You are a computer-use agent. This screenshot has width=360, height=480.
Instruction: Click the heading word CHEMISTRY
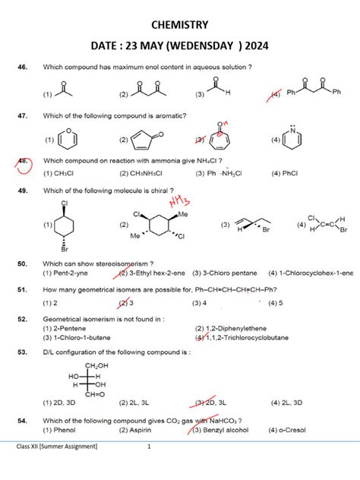[180, 25]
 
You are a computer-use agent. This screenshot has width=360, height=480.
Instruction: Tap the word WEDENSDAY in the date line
[200, 46]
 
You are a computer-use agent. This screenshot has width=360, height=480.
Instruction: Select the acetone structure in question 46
[64, 89]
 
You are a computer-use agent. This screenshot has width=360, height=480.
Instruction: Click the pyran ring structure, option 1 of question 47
[68, 139]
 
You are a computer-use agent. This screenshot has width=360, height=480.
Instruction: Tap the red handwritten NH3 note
[180, 201]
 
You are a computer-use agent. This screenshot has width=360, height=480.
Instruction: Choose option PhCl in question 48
[284, 174]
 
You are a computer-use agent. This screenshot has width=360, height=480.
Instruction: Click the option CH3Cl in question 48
[58, 174]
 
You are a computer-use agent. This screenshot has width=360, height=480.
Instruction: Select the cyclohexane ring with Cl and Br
[64, 226]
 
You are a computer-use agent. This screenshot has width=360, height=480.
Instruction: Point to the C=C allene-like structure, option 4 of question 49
[327, 225]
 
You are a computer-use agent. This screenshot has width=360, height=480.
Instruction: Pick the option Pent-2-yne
[65, 273]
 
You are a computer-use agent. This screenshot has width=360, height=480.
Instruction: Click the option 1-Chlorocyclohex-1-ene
[311, 273]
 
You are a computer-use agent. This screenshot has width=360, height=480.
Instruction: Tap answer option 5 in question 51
[275, 303]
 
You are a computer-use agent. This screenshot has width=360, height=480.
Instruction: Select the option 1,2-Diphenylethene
[231, 329]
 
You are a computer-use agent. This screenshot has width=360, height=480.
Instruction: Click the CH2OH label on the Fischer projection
[96, 365]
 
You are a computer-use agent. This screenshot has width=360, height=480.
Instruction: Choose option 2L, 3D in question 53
[286, 403]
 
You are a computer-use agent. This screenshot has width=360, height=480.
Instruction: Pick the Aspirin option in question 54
[135, 430]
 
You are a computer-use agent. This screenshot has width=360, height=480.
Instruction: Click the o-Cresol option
[287, 430]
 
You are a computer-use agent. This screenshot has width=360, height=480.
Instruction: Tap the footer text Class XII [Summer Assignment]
[57, 447]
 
